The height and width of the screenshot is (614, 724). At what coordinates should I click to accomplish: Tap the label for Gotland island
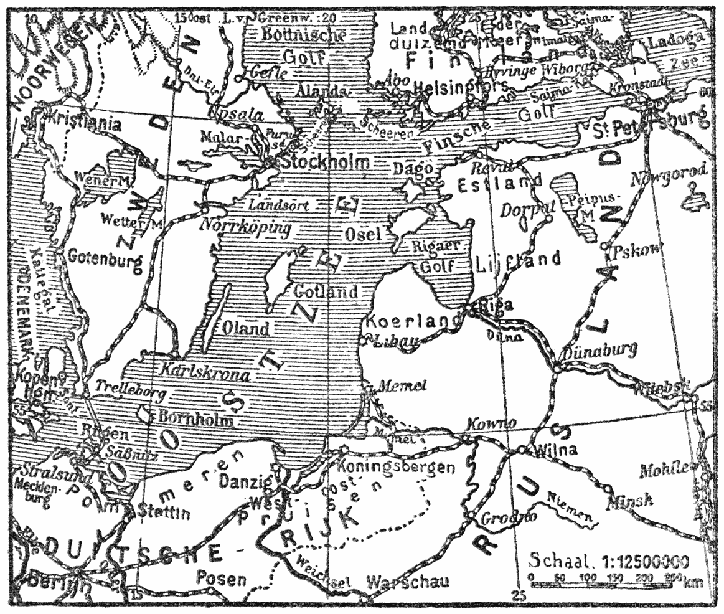[x=326, y=291]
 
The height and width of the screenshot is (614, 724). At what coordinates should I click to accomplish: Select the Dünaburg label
[x=599, y=351]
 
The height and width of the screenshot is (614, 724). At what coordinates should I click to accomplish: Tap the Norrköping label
[x=245, y=228]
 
